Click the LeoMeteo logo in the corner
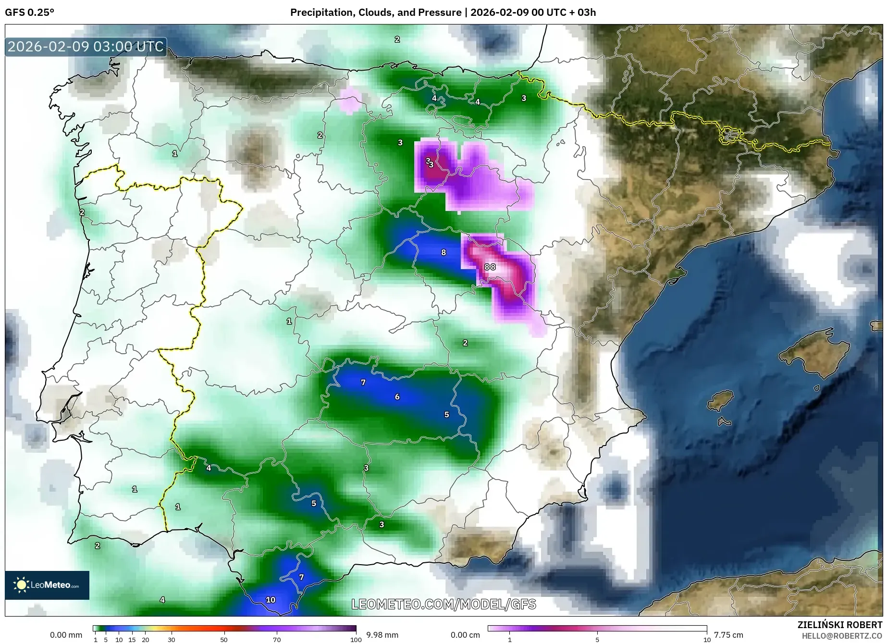point(47,585)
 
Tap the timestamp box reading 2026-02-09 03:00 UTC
point(86,47)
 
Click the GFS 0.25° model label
point(29,12)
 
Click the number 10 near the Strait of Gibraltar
point(271,600)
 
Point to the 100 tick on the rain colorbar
point(356,639)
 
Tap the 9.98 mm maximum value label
point(382,635)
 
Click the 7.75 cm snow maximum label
point(728,635)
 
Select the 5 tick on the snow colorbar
point(597,639)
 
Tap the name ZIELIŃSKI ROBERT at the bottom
point(839,625)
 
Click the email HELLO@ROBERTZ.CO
point(841,636)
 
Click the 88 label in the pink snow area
point(490,267)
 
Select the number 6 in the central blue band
point(397,397)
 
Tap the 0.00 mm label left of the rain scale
point(66,635)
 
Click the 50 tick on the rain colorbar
point(223,639)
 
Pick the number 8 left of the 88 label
point(443,252)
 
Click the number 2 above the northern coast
point(397,39)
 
